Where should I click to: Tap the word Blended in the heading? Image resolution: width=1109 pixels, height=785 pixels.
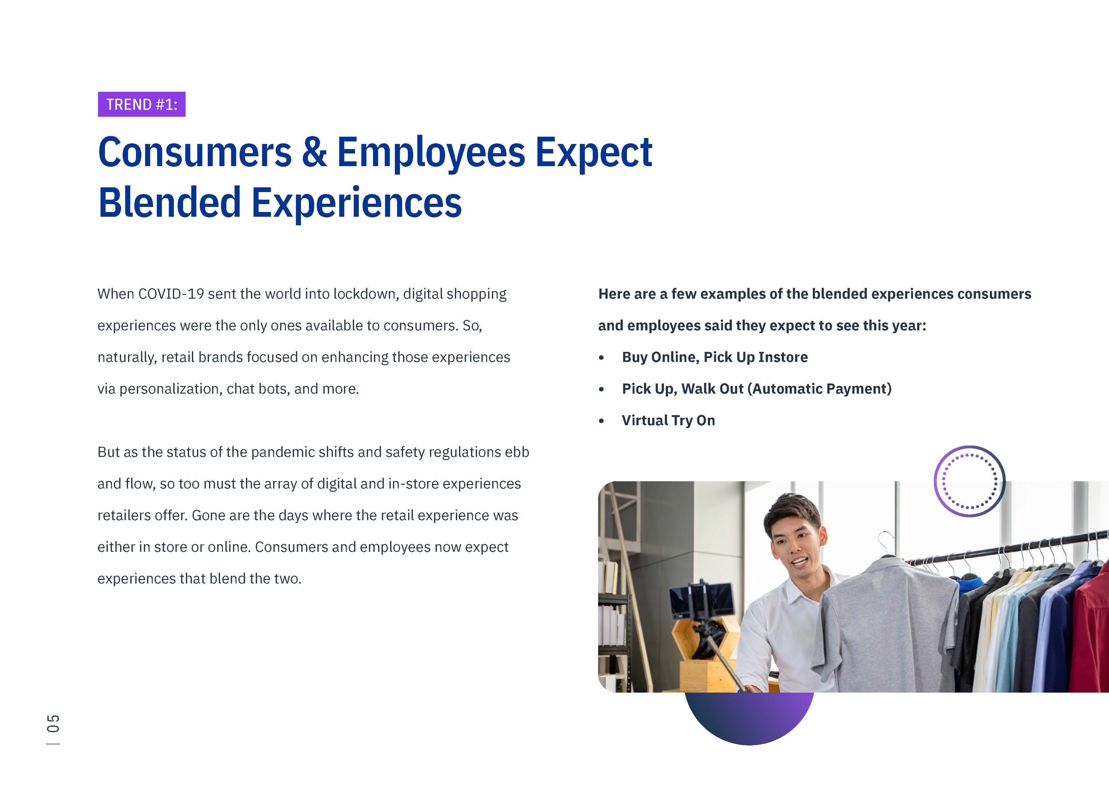pos(169,202)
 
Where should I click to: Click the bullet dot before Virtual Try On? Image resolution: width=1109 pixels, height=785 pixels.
pos(601,421)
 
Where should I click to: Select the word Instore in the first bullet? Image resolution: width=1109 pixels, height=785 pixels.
pos(783,357)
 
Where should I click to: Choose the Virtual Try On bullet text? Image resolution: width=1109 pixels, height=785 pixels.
pos(669,421)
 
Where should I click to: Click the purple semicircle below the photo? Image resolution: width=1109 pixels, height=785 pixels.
pos(749,718)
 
